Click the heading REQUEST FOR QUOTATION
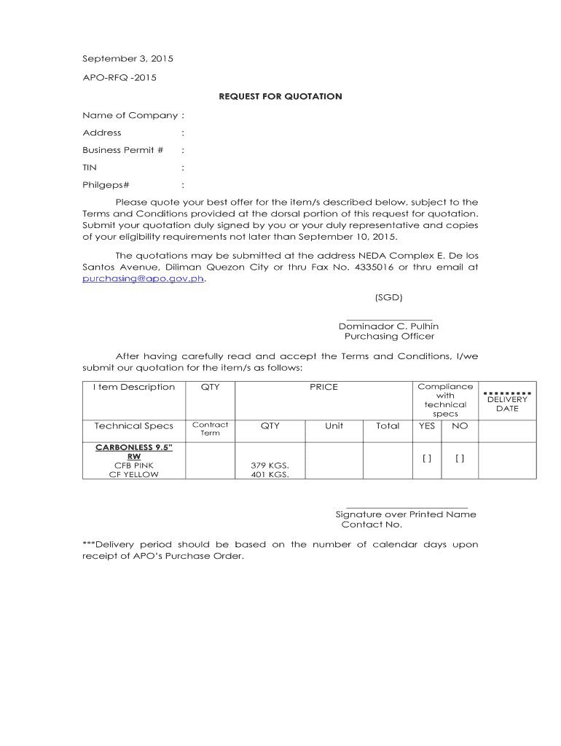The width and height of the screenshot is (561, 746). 280,96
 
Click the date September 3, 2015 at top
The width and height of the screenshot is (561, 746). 127,58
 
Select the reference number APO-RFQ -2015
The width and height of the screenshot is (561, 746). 119,77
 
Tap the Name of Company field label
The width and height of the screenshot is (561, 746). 130,115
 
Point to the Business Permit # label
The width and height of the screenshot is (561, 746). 122,150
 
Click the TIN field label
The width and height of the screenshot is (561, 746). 90,168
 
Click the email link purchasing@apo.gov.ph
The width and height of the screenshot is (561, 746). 144,278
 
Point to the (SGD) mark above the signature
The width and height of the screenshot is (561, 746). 388,297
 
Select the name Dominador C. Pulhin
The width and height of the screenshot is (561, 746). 388,326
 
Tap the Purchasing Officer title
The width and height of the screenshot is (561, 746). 389,337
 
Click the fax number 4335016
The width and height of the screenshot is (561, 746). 374,267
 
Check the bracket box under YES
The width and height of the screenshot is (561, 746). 427,458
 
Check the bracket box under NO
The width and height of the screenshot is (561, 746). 460,458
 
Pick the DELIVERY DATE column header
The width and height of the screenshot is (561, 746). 507,404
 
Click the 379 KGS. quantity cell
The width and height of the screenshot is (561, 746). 270,465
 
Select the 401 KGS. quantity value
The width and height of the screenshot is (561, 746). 270,474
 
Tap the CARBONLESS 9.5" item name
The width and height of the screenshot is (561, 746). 134,447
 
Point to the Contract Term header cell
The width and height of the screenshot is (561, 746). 210,429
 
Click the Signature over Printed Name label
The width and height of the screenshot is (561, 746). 406,514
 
